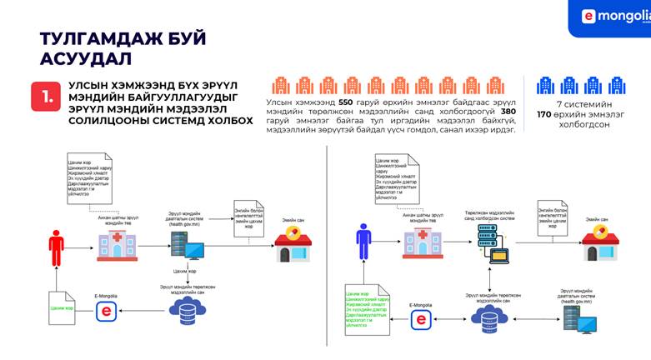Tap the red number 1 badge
point(44,97)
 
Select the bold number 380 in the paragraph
point(508,111)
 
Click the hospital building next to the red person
point(118,244)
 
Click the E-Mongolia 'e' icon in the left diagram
point(105,311)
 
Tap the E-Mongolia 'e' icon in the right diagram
point(422,319)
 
